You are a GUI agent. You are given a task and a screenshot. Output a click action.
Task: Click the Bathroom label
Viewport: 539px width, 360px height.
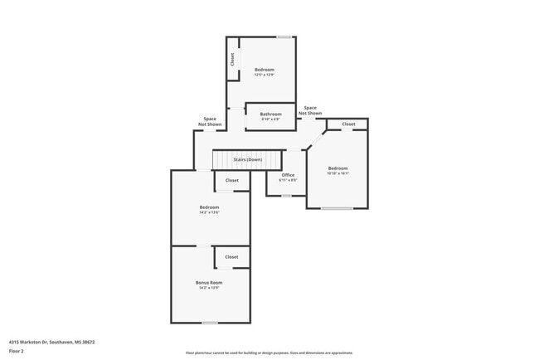pos(270,114)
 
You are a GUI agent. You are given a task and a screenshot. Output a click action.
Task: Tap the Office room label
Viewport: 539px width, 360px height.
pos(288,175)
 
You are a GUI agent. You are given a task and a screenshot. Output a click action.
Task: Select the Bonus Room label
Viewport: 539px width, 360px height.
pos(209,282)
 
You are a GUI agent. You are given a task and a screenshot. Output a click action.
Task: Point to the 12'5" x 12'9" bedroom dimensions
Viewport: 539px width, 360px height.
pos(265,75)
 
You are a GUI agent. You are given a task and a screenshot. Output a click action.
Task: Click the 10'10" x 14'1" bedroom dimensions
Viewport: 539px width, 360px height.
pos(337,173)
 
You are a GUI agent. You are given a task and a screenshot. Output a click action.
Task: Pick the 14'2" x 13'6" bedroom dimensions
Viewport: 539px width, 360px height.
pos(209,212)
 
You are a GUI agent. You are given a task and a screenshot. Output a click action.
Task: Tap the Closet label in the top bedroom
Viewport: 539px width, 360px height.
pos(233,60)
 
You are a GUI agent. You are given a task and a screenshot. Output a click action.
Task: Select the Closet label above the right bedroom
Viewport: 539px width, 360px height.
pos(348,124)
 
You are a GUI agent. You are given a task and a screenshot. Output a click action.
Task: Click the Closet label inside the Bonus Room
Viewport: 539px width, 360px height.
pos(232,256)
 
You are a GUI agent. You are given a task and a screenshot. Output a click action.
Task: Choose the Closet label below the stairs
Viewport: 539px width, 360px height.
pos(232,180)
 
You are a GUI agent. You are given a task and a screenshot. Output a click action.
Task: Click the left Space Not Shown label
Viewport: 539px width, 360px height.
pos(210,121)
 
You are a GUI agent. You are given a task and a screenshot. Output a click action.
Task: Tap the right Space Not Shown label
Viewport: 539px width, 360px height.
pos(310,109)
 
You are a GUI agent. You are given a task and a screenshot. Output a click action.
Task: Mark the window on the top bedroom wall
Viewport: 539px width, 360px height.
pos(284,36)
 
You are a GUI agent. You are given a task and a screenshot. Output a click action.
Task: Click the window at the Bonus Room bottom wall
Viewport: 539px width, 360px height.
pos(210,322)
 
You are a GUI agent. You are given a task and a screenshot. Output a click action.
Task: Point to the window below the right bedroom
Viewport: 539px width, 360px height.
pos(337,207)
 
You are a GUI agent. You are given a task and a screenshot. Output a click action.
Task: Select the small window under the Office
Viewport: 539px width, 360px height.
pos(286,196)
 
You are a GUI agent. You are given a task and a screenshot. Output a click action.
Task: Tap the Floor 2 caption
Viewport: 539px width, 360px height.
pos(17,351)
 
